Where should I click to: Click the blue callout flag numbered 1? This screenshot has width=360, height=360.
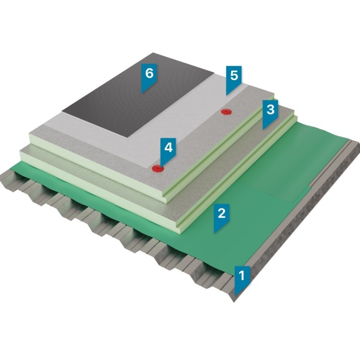click(x=242, y=279)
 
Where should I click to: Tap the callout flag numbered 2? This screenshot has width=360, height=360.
click(x=221, y=217)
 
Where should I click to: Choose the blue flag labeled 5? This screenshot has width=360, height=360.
click(x=234, y=79)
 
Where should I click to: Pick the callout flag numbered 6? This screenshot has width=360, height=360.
click(x=149, y=77)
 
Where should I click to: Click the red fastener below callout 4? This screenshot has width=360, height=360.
click(x=158, y=169)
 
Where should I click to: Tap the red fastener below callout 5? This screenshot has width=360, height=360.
click(x=226, y=112)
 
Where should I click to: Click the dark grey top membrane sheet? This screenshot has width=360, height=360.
click(x=138, y=95)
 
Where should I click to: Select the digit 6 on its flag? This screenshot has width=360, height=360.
click(x=149, y=74)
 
